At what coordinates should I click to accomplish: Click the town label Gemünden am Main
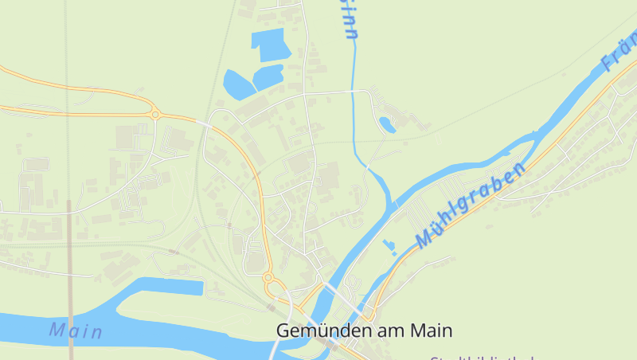coord(364,330)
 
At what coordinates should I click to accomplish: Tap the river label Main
coord(76,330)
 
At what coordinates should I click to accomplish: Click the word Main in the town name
coord(431,330)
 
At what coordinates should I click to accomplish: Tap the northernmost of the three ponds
coord(269,43)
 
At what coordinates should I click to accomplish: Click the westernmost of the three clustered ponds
coord(236,84)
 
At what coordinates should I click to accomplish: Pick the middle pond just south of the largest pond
coord(268,77)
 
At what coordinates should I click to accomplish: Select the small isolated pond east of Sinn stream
coord(387,124)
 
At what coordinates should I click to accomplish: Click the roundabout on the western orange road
coord(155,115)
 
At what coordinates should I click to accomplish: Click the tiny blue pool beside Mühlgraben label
coord(389,245)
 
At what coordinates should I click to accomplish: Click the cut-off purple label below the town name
coord(482,357)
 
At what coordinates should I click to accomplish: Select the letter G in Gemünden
coord(283,330)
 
